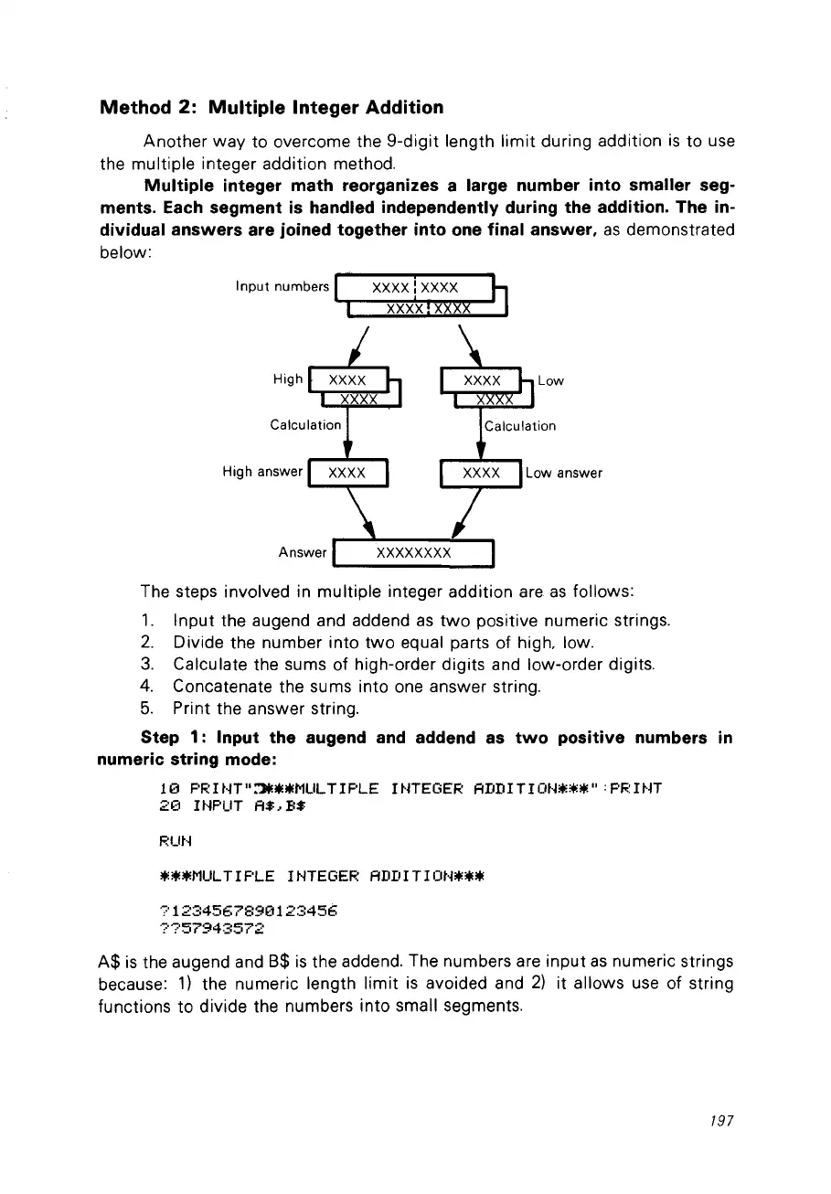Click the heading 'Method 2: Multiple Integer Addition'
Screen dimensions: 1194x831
click(x=272, y=108)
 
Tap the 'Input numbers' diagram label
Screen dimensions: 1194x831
click(x=282, y=287)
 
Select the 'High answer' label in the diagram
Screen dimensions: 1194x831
click(x=262, y=472)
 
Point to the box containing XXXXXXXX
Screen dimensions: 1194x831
click(x=414, y=553)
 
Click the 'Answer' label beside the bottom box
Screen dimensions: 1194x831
click(x=303, y=553)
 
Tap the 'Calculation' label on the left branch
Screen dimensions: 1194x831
click(x=305, y=425)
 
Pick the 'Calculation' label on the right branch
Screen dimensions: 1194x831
click(x=519, y=425)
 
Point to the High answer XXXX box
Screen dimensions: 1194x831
click(x=347, y=473)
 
